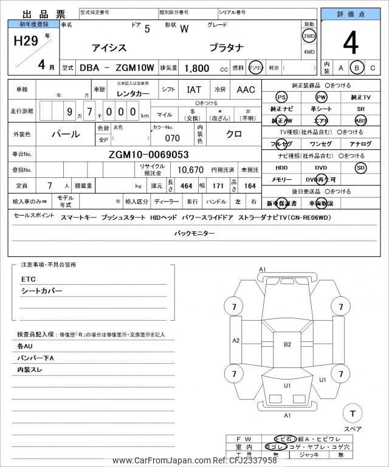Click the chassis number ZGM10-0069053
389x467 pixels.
pos(149,154)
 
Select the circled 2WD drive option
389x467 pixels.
pos(309,36)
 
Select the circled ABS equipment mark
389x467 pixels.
pos(361,120)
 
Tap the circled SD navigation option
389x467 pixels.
pos(361,168)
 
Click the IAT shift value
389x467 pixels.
pos(194,90)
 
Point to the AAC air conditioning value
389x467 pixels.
pos(246,90)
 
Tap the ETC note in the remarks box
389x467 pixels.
pos(29,280)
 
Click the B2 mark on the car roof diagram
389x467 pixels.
pos(287,344)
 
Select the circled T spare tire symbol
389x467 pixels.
pos(353,414)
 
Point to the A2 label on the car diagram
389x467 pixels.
pos(236,340)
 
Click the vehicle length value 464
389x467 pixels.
pos(187,185)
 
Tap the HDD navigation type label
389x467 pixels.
pos(281,168)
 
